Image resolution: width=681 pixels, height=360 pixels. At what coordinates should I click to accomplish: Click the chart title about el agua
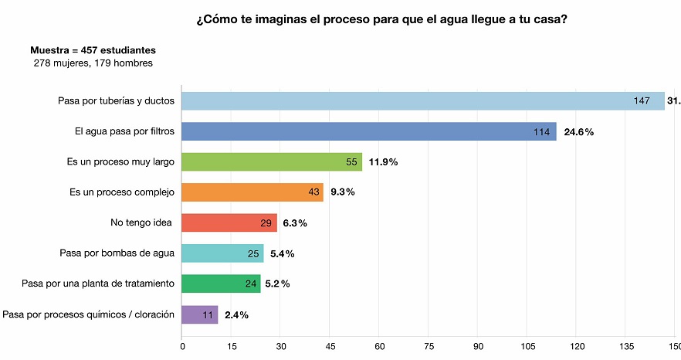(382, 19)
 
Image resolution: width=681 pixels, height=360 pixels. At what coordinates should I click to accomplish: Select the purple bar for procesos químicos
(199, 314)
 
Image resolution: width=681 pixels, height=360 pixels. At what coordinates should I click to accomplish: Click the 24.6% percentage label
(579, 132)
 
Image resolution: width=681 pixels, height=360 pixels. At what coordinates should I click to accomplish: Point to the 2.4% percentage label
(236, 314)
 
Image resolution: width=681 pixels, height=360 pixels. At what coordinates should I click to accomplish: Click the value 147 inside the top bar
(642, 101)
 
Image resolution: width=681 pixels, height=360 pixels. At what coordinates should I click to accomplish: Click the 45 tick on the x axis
(330, 346)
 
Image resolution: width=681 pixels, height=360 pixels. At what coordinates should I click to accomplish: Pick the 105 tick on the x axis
(527, 346)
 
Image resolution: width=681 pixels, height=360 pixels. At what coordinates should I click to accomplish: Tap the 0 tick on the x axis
(182, 346)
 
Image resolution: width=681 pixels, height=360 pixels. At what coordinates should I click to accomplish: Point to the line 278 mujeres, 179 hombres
(93, 63)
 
